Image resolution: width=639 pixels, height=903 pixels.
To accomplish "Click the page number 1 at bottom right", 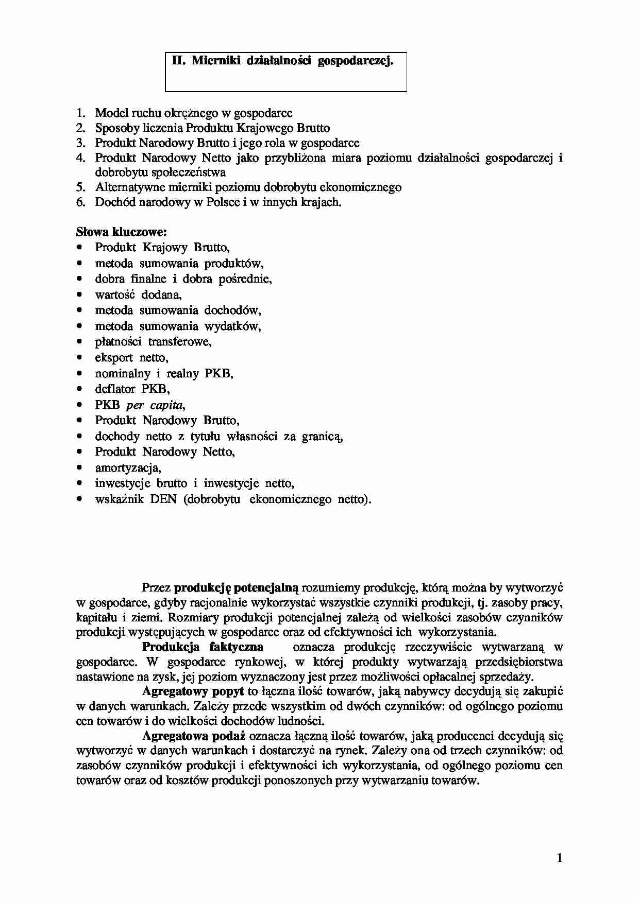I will click(560, 858).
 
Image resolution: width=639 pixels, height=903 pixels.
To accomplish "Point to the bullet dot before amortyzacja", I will click(79, 468).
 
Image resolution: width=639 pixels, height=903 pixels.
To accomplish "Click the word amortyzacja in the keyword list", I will click(128, 468).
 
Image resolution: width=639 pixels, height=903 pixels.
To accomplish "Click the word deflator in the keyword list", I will click(115, 389).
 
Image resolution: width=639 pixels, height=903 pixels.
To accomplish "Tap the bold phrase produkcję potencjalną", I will click(237, 587).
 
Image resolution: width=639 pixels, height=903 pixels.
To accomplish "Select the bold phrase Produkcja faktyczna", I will click(203, 647).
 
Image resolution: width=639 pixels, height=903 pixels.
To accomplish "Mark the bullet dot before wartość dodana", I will click(79, 295).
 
